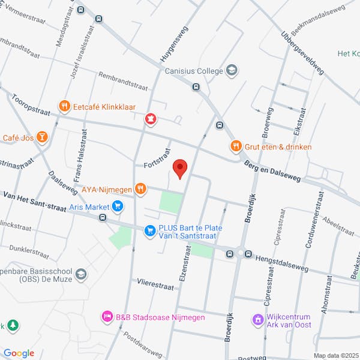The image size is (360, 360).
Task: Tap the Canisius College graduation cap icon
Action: pyautogui.click(x=232, y=71)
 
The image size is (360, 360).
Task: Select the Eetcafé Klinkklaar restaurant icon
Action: pyautogui.click(x=64, y=107)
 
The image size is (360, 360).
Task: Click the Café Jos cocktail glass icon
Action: pyautogui.click(x=41, y=138)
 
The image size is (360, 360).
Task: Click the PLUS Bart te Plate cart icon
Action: pyautogui.click(x=149, y=229)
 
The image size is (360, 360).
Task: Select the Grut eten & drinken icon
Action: pyautogui.click(x=236, y=146)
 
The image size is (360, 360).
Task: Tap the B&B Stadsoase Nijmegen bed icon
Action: pyautogui.click(x=107, y=317)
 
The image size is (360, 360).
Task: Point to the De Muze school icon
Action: pyautogui.click(x=81, y=275)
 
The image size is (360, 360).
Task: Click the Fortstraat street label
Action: pyautogui.click(x=158, y=164)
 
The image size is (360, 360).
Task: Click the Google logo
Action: pyautogui.click(x=18, y=353)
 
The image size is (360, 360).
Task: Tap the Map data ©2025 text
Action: pyautogui.click(x=335, y=355)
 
